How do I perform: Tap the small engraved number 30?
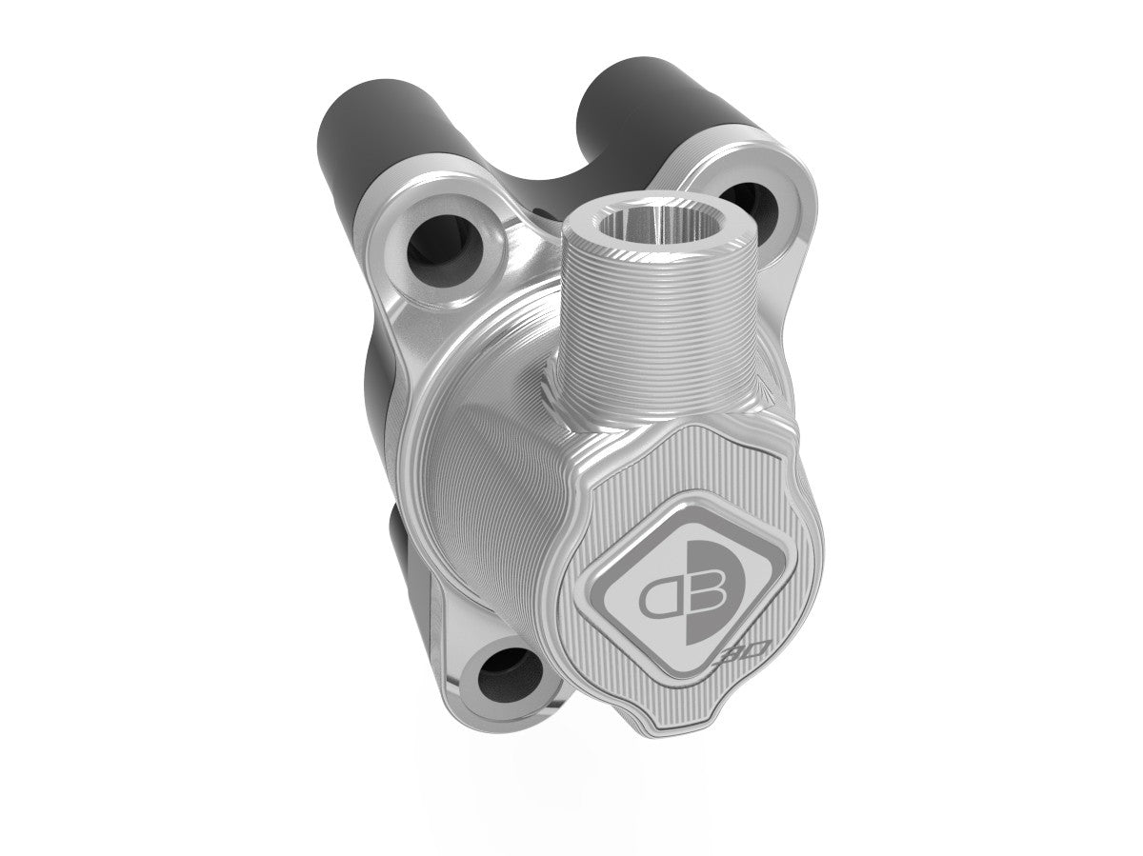(x=732, y=658)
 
